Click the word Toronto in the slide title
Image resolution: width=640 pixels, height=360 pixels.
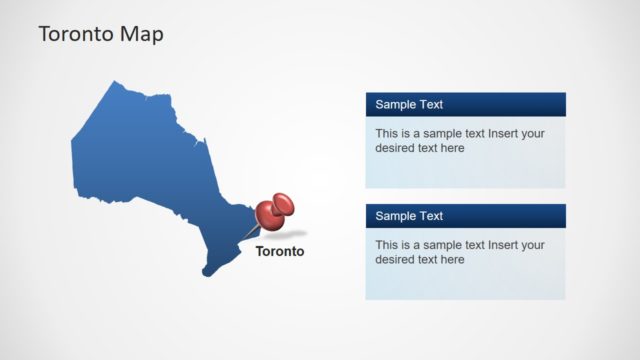pos(74,34)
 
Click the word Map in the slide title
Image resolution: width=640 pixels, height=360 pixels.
pos(140,34)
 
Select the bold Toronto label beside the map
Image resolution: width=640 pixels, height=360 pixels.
pos(280,251)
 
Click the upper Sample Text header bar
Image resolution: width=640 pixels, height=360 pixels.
pos(465,104)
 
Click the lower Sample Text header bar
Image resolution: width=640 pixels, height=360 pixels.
pos(465,216)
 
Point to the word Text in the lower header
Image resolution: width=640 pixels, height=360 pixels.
pos(431,216)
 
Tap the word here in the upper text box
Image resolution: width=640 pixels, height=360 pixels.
pos(452,148)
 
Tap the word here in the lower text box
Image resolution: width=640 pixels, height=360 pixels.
pos(452,260)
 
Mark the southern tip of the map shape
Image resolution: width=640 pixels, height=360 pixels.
pos(207,273)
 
